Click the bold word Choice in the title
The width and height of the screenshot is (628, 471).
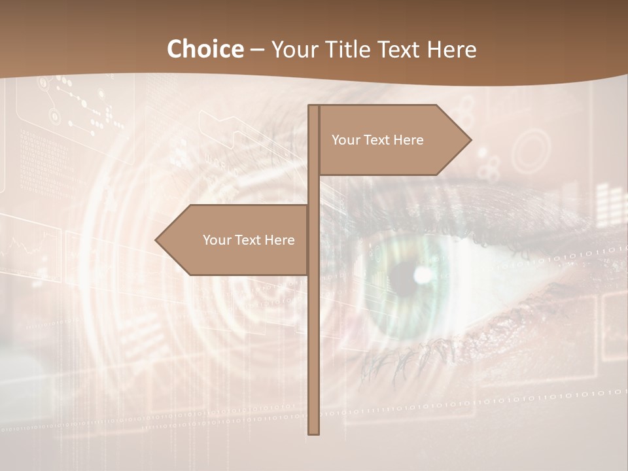pyautogui.click(x=205, y=49)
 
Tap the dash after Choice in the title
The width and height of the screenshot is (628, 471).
pyautogui.click(x=257, y=50)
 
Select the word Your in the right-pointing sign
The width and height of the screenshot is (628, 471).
pyautogui.click(x=346, y=140)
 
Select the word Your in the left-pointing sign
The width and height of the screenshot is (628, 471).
pyautogui.click(x=217, y=240)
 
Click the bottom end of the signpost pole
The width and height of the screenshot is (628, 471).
pyautogui.click(x=314, y=432)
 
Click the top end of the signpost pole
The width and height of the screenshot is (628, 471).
pyautogui.click(x=314, y=107)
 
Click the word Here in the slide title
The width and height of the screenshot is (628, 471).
pyautogui.click(x=451, y=49)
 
